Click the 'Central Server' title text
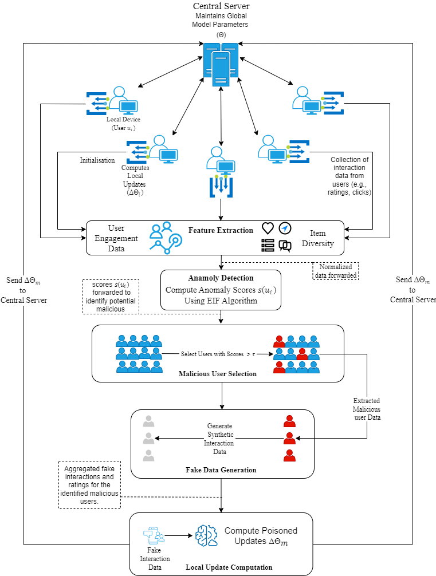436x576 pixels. coord(221,6)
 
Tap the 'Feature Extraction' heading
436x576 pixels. coord(221,230)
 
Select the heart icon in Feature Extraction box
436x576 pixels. coord(268,228)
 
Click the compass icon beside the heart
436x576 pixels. coord(285,228)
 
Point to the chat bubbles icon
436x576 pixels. coord(285,246)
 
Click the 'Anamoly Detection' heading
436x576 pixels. coord(221,278)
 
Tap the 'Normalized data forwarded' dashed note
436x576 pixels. coord(335,271)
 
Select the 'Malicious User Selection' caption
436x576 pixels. coord(218,374)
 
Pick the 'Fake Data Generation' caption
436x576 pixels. coord(221,470)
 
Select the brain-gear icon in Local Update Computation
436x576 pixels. coord(207,536)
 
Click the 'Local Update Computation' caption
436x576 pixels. coord(229,567)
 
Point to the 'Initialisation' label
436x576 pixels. coord(97,160)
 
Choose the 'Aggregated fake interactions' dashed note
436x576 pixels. coord(89,484)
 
